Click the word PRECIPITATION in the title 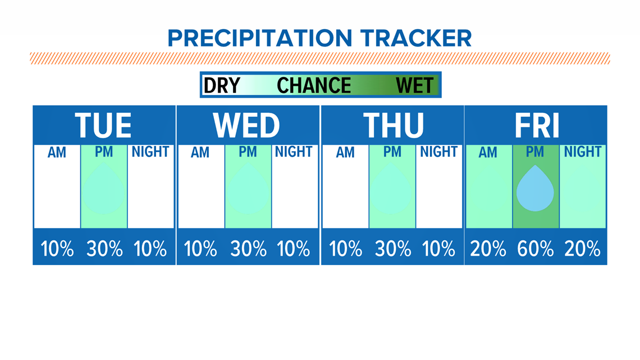(x=259, y=38)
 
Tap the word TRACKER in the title (x=416, y=38)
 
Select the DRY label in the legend (x=222, y=85)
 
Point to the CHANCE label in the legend (x=314, y=85)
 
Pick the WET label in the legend (x=415, y=85)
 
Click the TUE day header (x=103, y=125)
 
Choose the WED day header (x=246, y=125)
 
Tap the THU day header (x=393, y=125)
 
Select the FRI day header (x=536, y=125)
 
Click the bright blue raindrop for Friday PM (x=535, y=189)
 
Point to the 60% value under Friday (x=535, y=249)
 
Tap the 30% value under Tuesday (x=104, y=249)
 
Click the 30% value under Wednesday (x=248, y=249)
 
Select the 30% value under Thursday (x=392, y=249)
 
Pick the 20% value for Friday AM (x=488, y=249)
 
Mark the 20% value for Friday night (x=582, y=249)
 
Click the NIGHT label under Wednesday (x=294, y=152)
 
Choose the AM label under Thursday (x=345, y=153)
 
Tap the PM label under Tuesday (x=104, y=152)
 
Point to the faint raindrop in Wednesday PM (x=248, y=189)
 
